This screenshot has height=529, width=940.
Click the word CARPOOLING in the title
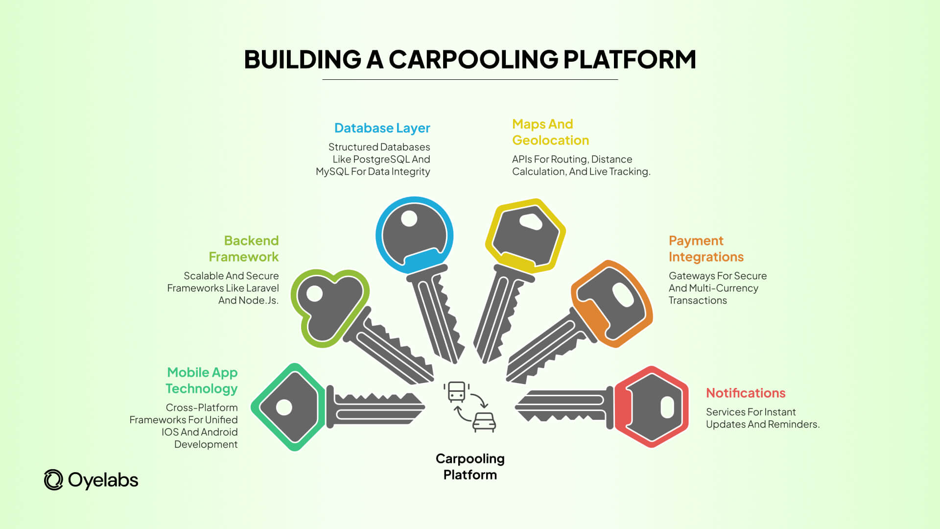click(x=473, y=59)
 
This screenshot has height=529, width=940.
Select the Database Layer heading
click(x=382, y=128)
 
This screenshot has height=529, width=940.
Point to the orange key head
click(x=612, y=304)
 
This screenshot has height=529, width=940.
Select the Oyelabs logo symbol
click(x=53, y=480)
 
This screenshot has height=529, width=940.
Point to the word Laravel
click(x=262, y=288)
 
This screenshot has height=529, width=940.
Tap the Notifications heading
click(x=745, y=393)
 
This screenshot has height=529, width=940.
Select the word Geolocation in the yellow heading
click(x=550, y=140)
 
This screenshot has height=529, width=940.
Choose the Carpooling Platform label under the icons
click(x=470, y=466)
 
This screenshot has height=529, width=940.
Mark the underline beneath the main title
click(x=470, y=79)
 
